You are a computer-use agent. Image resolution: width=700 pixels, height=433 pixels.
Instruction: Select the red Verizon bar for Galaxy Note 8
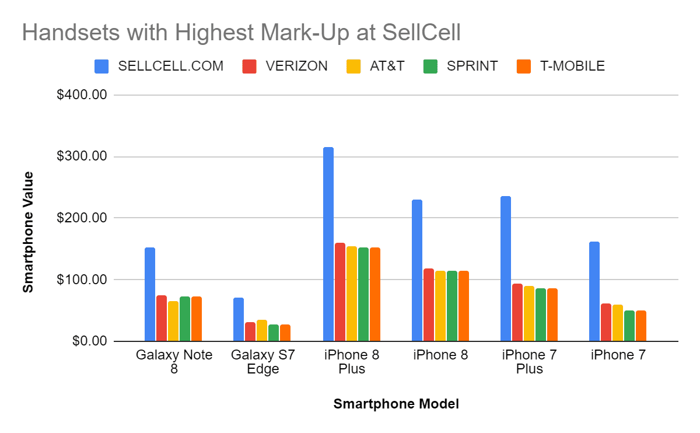(x=162, y=318)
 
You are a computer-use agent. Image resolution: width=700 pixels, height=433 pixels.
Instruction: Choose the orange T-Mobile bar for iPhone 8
(x=464, y=306)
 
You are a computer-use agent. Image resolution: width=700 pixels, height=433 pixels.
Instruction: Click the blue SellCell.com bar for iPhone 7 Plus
(x=506, y=268)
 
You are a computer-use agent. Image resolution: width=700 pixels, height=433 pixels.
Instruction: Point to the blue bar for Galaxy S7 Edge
(x=239, y=319)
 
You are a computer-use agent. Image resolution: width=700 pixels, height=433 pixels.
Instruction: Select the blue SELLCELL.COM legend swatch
(x=101, y=66)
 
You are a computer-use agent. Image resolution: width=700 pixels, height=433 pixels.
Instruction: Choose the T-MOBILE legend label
(x=572, y=66)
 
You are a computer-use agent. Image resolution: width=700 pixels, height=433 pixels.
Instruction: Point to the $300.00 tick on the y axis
(x=82, y=156)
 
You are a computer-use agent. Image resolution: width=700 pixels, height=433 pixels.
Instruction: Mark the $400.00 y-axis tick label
(x=82, y=95)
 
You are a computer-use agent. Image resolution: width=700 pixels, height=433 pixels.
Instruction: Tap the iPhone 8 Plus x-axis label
(x=352, y=362)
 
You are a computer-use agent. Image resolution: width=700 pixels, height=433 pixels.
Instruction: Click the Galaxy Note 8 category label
(x=174, y=362)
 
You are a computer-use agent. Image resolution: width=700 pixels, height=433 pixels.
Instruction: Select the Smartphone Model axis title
(x=396, y=404)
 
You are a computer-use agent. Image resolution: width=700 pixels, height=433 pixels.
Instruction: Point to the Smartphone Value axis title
(x=28, y=232)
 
